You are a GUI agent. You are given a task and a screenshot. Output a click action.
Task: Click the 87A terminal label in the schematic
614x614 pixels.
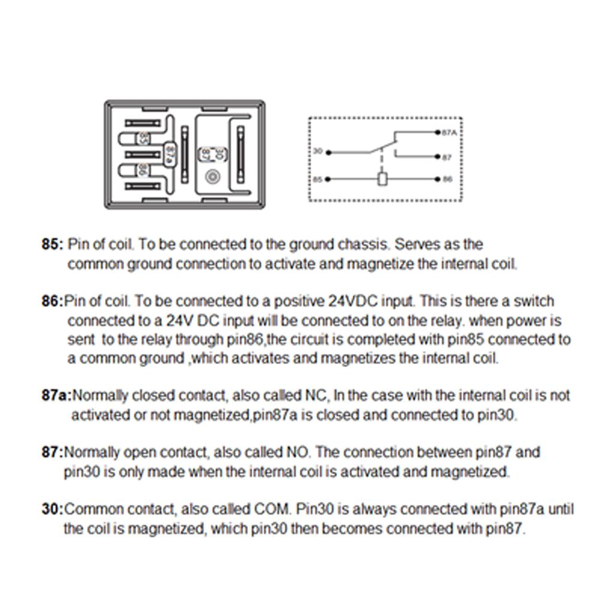pyautogui.click(x=449, y=133)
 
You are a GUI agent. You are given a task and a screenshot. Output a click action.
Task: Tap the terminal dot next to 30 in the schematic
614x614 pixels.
pyautogui.click(x=327, y=152)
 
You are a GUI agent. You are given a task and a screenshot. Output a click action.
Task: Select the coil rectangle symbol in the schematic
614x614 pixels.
pyautogui.click(x=382, y=179)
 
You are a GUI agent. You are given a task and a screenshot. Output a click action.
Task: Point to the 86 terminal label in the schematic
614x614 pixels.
pyautogui.click(x=447, y=179)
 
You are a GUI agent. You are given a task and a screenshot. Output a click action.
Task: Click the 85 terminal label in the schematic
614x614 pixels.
pyautogui.click(x=317, y=179)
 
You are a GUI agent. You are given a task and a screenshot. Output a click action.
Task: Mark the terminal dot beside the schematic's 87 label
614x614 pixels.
pyautogui.click(x=437, y=158)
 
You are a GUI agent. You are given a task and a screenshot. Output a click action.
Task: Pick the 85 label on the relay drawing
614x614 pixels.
pyautogui.click(x=143, y=139)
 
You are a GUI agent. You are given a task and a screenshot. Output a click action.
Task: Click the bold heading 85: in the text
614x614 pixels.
pyautogui.click(x=52, y=245)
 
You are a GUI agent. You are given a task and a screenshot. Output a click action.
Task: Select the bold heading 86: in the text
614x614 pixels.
pyautogui.click(x=52, y=301)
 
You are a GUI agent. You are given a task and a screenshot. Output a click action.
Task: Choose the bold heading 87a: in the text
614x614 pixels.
pyautogui.click(x=56, y=396)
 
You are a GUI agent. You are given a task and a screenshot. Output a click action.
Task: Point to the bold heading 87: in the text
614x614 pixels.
pyautogui.click(x=52, y=452)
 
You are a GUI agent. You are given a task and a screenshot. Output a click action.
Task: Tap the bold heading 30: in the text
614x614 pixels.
pyautogui.click(x=52, y=510)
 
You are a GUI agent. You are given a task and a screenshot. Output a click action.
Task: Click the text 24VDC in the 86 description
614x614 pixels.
pyautogui.click(x=353, y=301)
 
